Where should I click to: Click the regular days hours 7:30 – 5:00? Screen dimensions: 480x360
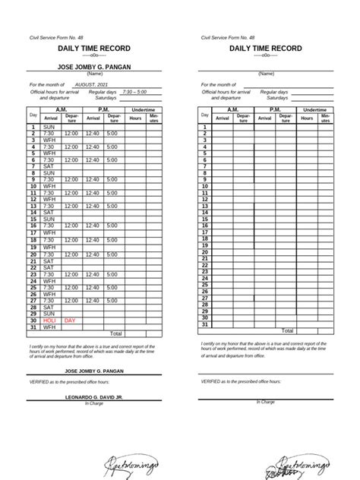(137, 91)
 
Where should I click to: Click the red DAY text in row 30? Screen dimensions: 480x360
(70, 321)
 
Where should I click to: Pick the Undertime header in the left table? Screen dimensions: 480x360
(144, 110)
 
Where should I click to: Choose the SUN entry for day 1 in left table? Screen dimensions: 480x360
(49, 127)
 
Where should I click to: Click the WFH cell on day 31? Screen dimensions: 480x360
(49, 327)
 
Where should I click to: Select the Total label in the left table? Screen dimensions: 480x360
(116, 333)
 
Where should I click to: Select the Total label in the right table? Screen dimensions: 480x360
(288, 331)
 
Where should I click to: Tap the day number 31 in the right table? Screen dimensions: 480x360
(205, 324)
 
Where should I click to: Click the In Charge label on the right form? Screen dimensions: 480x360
(266, 402)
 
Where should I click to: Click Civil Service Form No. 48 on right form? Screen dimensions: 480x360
(228, 36)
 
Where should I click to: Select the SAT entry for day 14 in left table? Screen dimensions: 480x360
(49, 213)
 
